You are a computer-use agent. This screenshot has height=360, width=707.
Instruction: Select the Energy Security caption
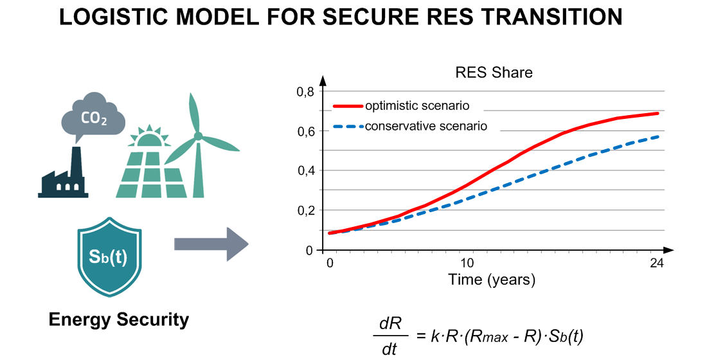119,319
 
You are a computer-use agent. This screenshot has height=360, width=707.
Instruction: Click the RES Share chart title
494,72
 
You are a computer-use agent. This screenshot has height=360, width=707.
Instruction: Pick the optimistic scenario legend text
416,105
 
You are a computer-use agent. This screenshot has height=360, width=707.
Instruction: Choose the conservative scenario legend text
425,126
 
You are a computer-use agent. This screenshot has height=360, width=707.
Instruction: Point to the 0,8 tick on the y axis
305,92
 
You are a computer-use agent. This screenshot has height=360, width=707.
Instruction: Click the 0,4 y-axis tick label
305,171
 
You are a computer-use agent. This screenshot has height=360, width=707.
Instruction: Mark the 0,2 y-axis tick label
305,210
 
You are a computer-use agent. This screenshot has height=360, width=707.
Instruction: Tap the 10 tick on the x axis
467,264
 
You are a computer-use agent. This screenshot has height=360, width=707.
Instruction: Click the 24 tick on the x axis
656,264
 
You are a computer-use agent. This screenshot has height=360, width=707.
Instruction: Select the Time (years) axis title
492,280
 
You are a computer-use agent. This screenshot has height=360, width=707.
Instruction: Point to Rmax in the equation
490,336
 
